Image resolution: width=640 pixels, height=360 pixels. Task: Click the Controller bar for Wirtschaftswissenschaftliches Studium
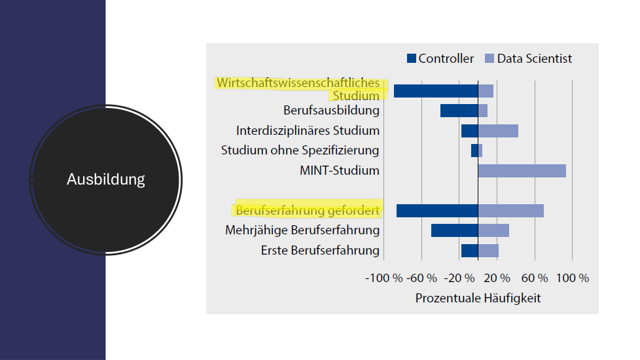436,91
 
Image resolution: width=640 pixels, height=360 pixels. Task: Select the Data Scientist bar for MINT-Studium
522,171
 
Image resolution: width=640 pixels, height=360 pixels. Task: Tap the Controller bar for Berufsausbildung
459,111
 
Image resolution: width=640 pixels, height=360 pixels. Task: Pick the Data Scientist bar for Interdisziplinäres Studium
498,131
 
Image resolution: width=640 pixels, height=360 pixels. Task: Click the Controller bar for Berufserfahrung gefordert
437,211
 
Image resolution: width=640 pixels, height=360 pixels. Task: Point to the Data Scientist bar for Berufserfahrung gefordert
510,211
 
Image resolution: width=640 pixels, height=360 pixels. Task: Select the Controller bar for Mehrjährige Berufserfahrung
454,230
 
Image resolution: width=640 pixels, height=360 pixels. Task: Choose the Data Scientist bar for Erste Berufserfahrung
488,251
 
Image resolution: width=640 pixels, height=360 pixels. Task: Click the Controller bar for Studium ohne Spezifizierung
474,151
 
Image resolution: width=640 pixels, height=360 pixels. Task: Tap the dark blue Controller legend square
411,59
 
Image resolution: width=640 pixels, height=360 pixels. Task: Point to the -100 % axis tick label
383,278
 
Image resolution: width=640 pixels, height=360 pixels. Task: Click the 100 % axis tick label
573,278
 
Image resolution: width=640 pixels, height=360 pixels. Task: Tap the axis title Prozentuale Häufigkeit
478,298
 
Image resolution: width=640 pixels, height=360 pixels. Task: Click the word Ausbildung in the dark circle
105,179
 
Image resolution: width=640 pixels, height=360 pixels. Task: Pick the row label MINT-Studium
340,171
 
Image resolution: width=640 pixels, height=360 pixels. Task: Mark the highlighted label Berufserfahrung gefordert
308,211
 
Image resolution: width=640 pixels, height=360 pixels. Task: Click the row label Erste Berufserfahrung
320,251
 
